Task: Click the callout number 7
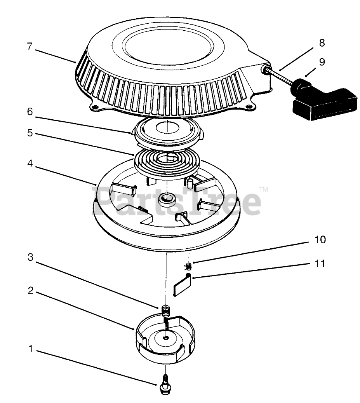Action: [30, 46]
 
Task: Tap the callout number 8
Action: [322, 43]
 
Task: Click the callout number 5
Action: [30, 133]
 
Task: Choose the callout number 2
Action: [30, 291]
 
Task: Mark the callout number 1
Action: [30, 349]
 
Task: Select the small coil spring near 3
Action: [166, 311]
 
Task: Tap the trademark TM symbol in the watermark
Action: [263, 190]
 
